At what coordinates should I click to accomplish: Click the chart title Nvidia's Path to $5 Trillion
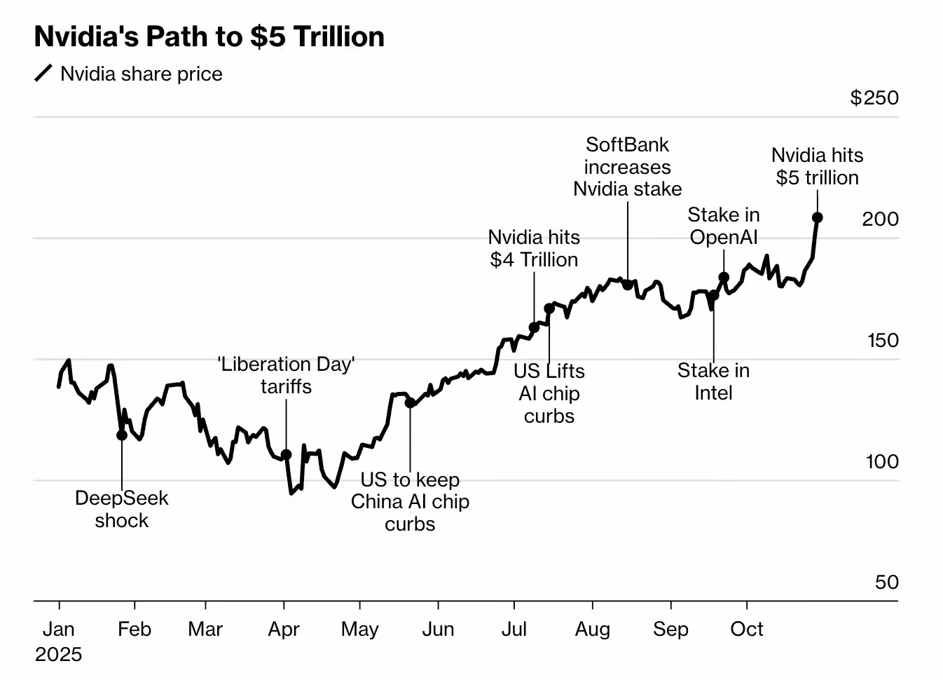tap(209, 37)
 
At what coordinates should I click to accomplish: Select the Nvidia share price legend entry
tap(140, 74)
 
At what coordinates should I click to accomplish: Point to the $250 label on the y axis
tap(874, 97)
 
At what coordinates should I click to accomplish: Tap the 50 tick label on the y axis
tap(886, 583)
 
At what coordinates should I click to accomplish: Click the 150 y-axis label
tap(882, 341)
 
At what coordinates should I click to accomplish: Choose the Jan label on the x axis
tap(58, 629)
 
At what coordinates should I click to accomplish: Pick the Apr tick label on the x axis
tap(284, 629)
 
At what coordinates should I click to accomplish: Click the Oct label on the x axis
tap(746, 629)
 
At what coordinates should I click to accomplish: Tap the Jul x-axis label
tap(514, 629)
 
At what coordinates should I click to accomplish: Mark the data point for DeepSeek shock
tap(122, 435)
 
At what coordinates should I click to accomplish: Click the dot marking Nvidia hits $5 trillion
tap(817, 218)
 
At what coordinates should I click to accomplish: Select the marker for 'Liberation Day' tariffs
tap(286, 455)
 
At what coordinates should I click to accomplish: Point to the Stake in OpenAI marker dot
tap(724, 278)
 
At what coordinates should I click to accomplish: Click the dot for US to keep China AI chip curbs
tap(410, 403)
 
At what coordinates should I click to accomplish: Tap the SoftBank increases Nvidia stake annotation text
tap(627, 167)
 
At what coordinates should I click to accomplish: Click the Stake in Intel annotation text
tap(713, 381)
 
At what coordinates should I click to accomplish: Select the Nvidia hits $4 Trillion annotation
tap(534, 248)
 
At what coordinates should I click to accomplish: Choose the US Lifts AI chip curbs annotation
tap(549, 393)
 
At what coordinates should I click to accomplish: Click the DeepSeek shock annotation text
tap(122, 509)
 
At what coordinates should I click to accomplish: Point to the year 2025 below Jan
tap(58, 654)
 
